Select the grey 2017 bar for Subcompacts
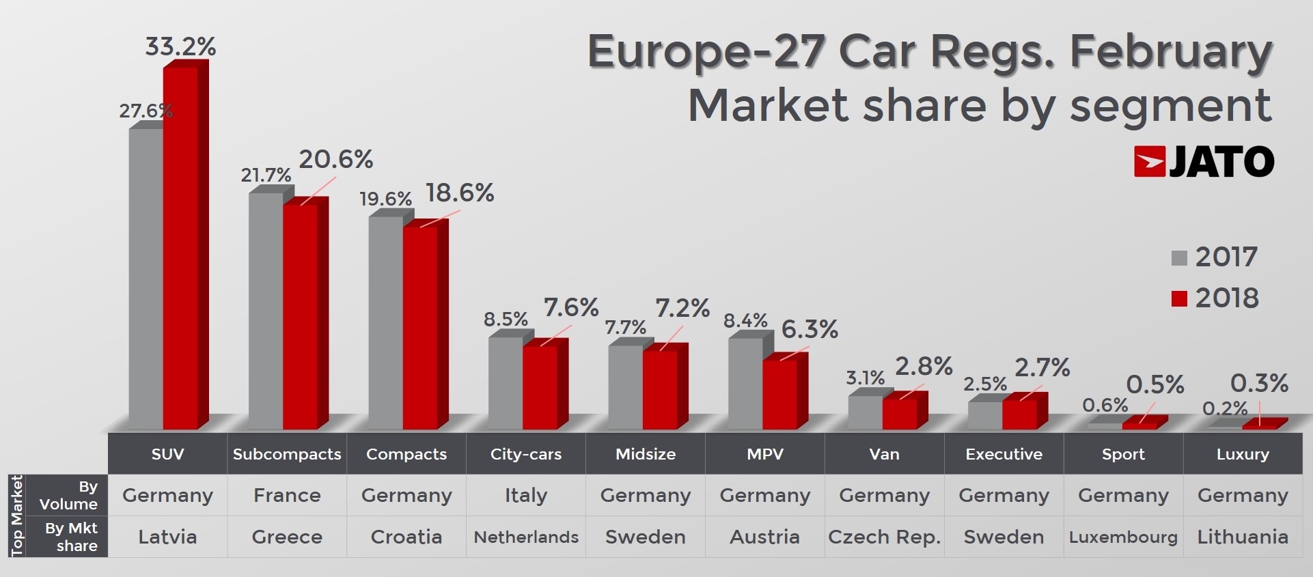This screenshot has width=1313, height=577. coord(266,311)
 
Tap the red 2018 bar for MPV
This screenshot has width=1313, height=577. coord(779,394)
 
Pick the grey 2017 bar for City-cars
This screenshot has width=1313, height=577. coord(506,382)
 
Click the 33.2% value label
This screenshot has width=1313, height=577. coord(180,46)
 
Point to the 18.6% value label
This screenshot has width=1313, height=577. coord(460,193)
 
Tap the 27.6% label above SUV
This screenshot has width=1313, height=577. coord(145,111)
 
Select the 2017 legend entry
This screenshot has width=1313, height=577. coord(1214,257)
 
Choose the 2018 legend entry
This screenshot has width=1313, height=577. coord(1214,298)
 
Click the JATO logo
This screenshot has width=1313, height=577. coord(1204,162)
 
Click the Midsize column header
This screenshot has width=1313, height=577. coord(646,454)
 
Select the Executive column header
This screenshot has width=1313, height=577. coord(1004,454)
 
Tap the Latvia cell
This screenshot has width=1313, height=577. coord(167,537)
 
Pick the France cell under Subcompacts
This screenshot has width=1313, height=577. coord(287,495)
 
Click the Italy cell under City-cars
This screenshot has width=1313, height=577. coord(526,495)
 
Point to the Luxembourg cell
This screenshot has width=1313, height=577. coord(1123,537)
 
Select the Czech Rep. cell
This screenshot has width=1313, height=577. coord(884,537)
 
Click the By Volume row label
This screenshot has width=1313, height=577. coord(68,495)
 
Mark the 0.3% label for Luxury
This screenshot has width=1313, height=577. coord(1259,383)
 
